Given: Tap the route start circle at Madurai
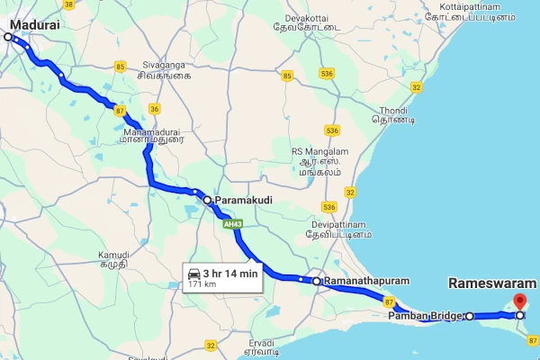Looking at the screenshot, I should [x=8, y=37].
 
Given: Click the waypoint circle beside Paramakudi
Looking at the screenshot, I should [x=207, y=200].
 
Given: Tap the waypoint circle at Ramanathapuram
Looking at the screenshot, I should [x=317, y=282].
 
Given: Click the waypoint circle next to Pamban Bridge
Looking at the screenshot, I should [x=469, y=316].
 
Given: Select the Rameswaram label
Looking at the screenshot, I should [x=491, y=283].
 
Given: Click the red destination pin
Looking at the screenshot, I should [x=519, y=302].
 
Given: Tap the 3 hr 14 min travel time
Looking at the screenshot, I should [x=230, y=273].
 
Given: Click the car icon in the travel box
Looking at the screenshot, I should [x=193, y=273].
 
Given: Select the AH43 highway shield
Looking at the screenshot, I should [x=233, y=223].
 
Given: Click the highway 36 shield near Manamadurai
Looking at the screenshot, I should [x=155, y=109].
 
